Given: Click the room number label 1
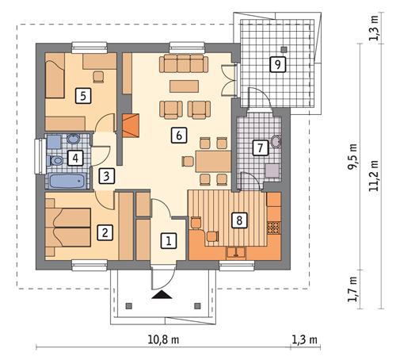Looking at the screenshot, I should [167, 238].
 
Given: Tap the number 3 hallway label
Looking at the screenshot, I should [107, 177].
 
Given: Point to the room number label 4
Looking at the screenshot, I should [75, 158].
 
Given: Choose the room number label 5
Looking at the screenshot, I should [80, 96].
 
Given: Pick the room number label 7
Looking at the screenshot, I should [258, 147].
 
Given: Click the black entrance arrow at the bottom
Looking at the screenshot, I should [162, 295].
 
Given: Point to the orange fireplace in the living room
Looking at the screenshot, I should [131, 124].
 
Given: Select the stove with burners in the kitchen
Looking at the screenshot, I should [273, 228].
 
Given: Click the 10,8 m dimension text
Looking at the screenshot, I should [164, 341].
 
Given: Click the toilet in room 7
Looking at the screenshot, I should [276, 142].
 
